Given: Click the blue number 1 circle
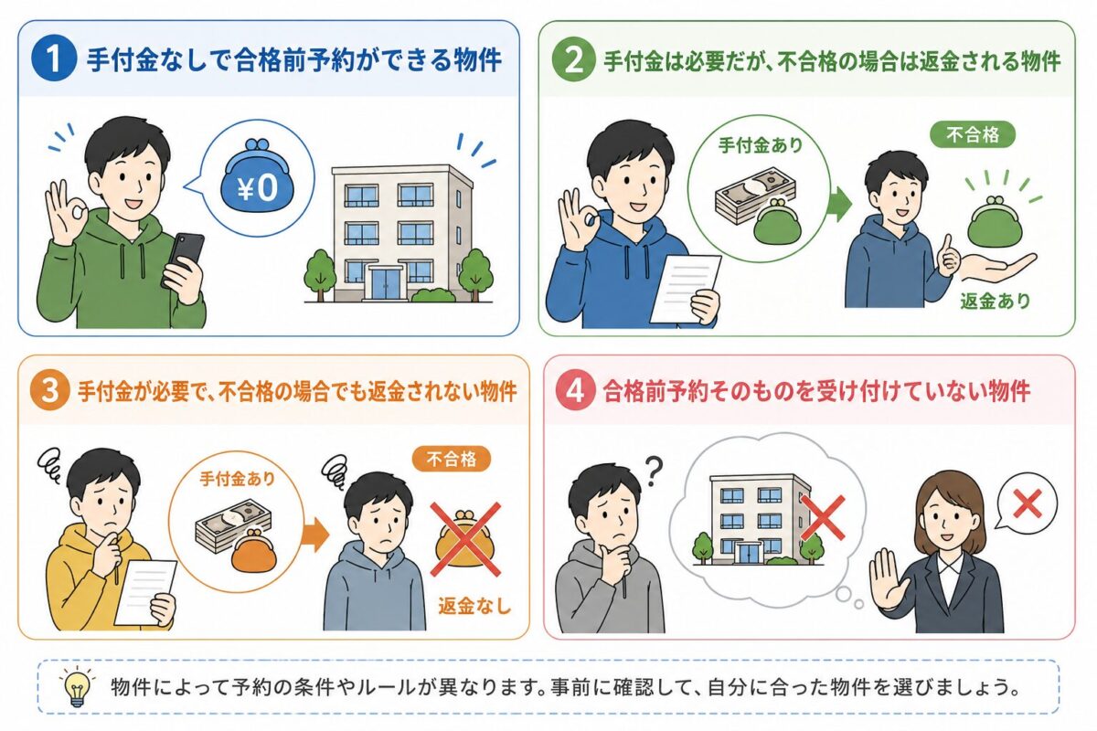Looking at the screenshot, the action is coord(54,59).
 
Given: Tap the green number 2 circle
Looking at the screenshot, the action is coord(574,60).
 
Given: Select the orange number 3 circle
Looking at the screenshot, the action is coord(49,391).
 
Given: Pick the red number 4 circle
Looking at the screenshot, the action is coord(575,391).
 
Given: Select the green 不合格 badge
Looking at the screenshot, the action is coord(972,134).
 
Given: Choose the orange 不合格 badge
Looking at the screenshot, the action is coord(451,460).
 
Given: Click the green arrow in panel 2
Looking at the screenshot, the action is coord(839,204).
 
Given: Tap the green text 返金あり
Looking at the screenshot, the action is coord(996,301).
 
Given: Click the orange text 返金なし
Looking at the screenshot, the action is coord(474,606).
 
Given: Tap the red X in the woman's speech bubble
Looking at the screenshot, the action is coord(1027,503).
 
